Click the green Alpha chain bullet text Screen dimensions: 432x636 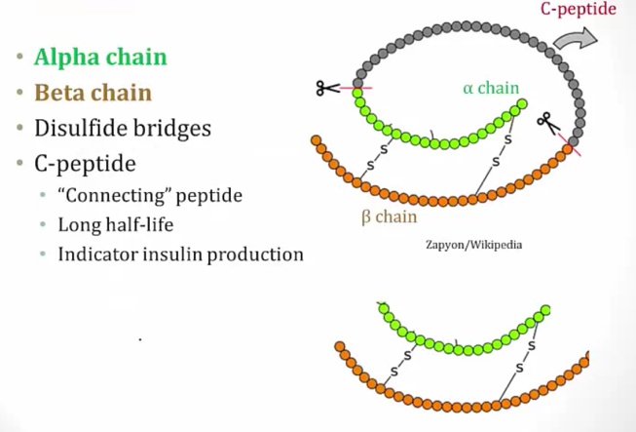coord(100,57)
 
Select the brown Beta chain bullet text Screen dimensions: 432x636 coord(93,94)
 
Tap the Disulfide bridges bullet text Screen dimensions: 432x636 coord(122,128)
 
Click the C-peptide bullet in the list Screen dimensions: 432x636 coord(84,162)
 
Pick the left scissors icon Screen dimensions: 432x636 coord(327,89)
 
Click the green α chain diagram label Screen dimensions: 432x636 coord(491,89)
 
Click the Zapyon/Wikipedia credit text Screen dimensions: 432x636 coord(472,245)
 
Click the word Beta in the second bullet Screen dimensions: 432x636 coord(61,94)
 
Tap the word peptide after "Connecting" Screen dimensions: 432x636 coord(208,195)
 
